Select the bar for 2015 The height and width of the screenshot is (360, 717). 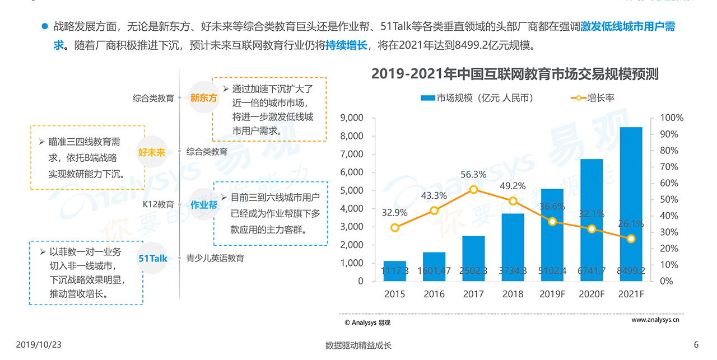click(395, 271)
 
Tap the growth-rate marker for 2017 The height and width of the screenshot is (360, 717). click(474, 189)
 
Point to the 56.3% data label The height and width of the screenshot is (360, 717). click(473, 175)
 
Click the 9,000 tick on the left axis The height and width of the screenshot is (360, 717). click(352, 118)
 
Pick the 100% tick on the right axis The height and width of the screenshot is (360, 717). click(672, 118)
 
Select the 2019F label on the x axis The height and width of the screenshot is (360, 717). click(552, 294)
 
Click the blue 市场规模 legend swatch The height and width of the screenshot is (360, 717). click(427, 98)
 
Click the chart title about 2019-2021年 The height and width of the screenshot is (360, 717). click(514, 74)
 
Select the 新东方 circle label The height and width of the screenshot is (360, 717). click(203, 98)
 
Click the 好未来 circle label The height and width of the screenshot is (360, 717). click(152, 152)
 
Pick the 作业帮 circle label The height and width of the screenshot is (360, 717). click(203, 205)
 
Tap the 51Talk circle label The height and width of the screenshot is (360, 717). click(153, 258)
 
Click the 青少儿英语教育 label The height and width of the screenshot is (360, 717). click(215, 258)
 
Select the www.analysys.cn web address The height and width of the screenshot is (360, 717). click(655, 320)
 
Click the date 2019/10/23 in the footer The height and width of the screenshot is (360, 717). click(39, 345)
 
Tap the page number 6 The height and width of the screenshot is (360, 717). click(696, 345)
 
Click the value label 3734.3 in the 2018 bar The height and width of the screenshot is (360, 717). click(513, 271)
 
